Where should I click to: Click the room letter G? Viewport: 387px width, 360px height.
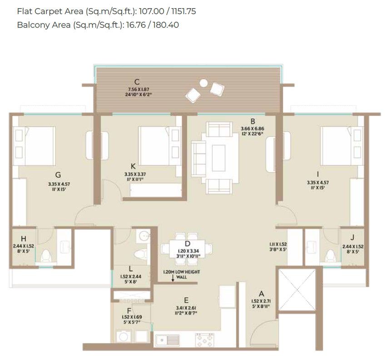click(58, 174)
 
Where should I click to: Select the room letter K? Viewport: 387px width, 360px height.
click(133, 166)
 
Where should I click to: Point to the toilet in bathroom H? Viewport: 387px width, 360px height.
click(45, 258)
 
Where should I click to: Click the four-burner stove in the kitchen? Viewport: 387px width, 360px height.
click(205, 340)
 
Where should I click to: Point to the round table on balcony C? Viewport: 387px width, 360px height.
click(204, 83)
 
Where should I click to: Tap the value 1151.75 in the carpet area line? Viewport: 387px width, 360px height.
click(181, 11)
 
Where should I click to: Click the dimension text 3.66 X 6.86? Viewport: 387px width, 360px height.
click(253, 128)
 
